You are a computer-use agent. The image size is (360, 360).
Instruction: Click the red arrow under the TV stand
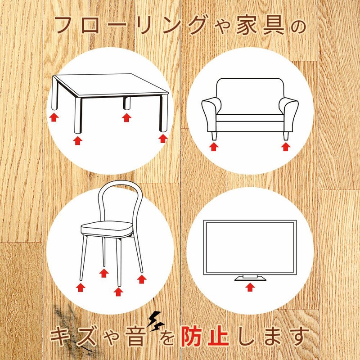[x=250, y=287]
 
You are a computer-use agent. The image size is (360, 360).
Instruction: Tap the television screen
[x=250, y=247]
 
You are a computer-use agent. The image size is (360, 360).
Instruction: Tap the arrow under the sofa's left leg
[x=214, y=146]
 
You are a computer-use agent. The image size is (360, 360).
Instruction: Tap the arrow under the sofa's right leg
[x=285, y=146]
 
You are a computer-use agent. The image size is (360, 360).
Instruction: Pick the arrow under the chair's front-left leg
[x=81, y=287]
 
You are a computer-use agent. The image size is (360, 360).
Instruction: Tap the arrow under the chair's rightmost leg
[x=142, y=279]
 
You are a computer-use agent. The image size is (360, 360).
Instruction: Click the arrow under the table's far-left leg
[x=54, y=117]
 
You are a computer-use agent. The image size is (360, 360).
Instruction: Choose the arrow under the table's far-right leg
[x=163, y=138]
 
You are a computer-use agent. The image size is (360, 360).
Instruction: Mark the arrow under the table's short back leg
[x=127, y=117]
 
